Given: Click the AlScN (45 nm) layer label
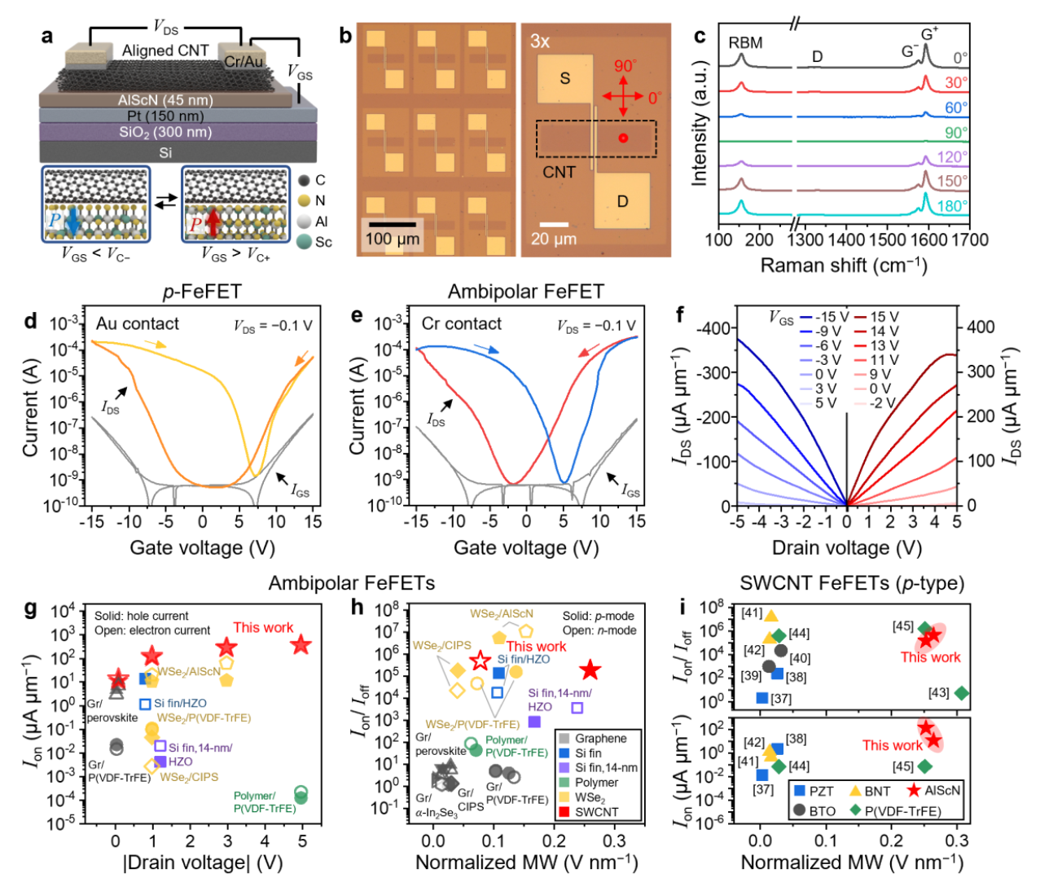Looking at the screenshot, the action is [x=165, y=100].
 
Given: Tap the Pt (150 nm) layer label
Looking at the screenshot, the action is [x=165, y=116].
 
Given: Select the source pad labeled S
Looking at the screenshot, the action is [x=564, y=78].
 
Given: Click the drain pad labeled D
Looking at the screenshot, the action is [x=622, y=201].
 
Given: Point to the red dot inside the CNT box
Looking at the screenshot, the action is [x=623, y=138].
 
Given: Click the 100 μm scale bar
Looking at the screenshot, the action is [x=392, y=225].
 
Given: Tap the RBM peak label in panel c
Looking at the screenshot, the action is [x=745, y=43].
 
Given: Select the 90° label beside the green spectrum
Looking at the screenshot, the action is [x=956, y=133].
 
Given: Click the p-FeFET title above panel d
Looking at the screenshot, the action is [x=202, y=292].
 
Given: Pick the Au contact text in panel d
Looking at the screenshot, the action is [x=138, y=323].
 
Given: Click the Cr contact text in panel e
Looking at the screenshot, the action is [x=462, y=323].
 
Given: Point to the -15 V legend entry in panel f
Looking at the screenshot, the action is [x=823, y=317].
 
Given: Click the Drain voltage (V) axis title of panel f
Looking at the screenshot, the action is [x=847, y=547].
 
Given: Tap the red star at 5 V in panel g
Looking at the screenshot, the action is [x=301, y=644].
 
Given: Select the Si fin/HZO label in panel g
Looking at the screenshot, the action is [x=180, y=704].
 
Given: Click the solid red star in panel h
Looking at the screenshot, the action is [x=590, y=669].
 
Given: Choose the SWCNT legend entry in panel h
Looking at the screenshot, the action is [x=589, y=812].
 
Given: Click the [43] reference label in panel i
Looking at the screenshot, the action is [x=938, y=693].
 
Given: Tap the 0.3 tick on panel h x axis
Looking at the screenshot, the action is [x=614, y=840].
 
